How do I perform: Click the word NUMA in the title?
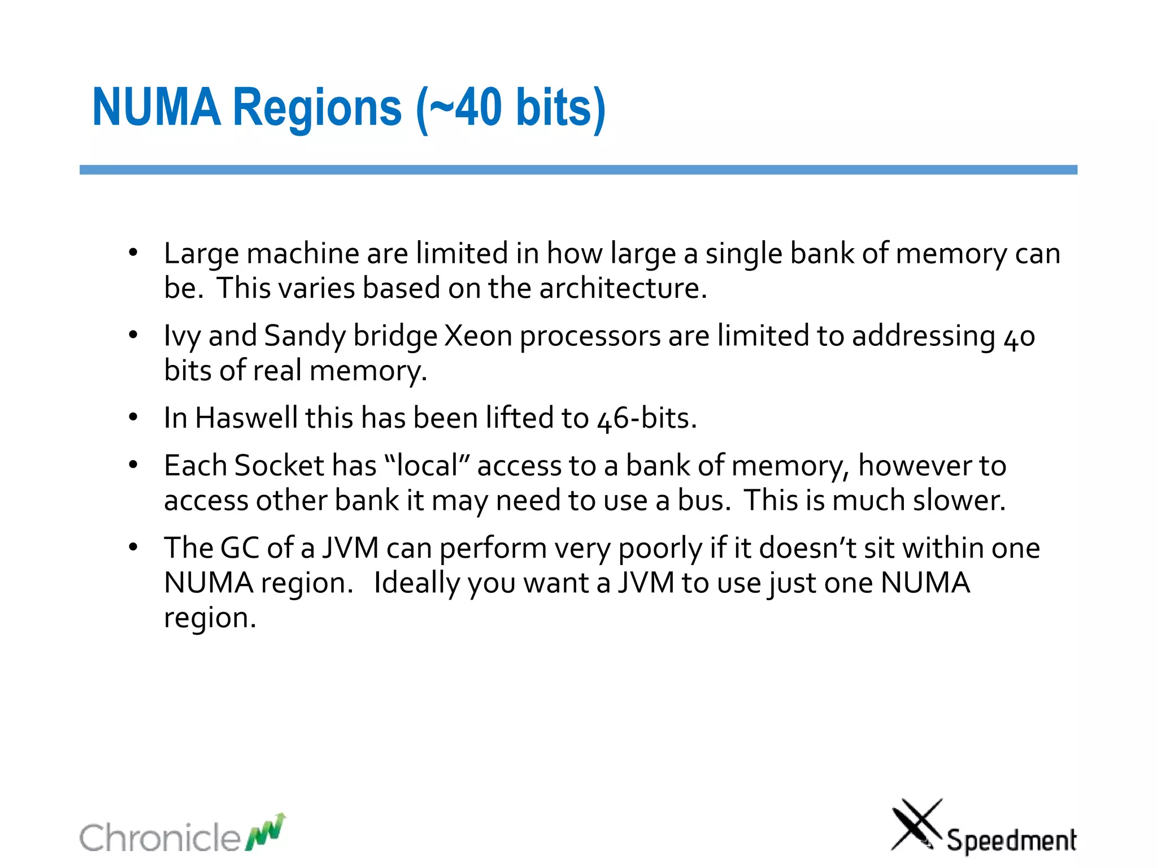click(156, 107)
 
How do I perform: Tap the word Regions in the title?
click(317, 108)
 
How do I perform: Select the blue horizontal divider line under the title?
click(578, 170)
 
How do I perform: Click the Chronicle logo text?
click(160, 837)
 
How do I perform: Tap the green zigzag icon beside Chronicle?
click(266, 832)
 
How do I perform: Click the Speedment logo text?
click(1011, 840)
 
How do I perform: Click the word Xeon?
click(479, 336)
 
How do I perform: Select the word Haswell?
click(246, 418)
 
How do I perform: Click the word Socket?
click(279, 466)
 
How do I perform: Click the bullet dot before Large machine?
click(133, 253)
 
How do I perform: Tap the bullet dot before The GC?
click(133, 547)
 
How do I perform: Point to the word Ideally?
click(416, 583)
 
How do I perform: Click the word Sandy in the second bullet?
click(305, 337)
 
